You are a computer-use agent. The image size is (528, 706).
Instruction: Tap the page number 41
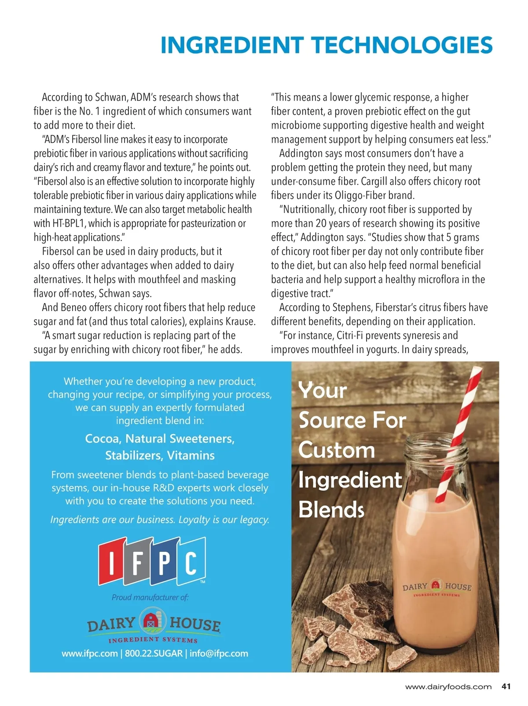[506, 686]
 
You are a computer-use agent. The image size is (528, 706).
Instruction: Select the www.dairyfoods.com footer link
[448, 687]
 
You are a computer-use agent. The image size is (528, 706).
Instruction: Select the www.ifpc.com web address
[90, 653]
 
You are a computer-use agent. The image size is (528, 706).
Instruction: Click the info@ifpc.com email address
[219, 653]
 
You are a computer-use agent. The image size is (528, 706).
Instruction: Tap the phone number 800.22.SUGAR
[154, 653]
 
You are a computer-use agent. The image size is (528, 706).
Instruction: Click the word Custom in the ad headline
[337, 450]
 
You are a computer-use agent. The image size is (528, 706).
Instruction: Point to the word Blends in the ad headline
[331, 510]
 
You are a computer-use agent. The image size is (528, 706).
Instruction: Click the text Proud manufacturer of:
[150, 597]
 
